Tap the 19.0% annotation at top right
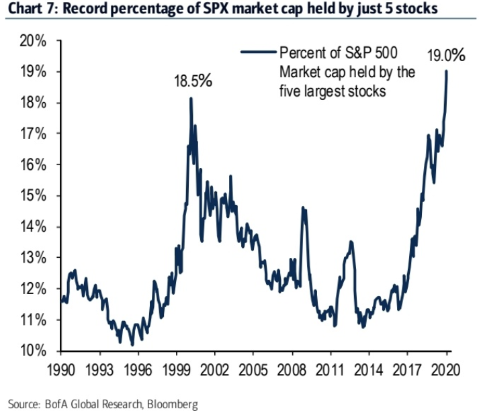(445, 56)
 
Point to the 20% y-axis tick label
(33, 42)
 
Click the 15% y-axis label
(33, 196)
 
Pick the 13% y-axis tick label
(33, 258)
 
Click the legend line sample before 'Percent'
(258, 52)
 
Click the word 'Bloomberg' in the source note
(174, 405)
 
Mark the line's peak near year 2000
(191, 99)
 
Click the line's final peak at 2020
(447, 71)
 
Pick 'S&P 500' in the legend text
(375, 54)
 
